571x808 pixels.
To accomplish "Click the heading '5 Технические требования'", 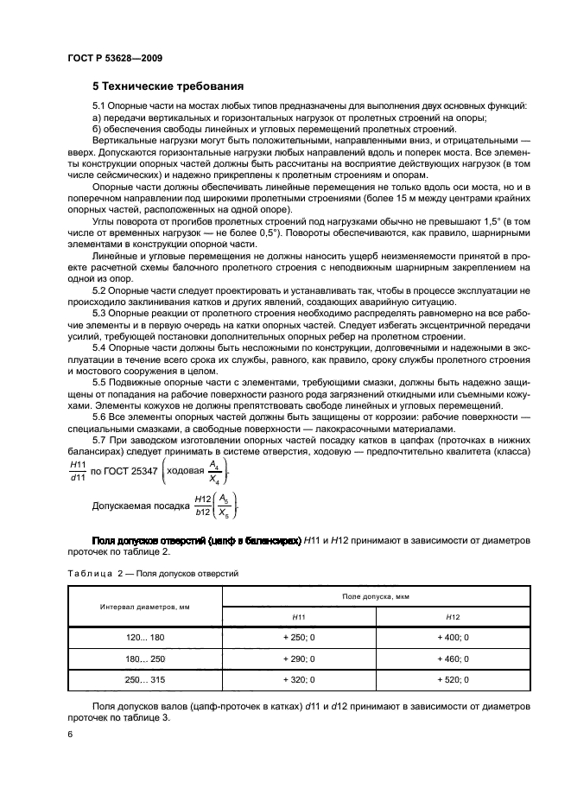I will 168,86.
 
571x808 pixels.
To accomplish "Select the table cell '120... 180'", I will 144,636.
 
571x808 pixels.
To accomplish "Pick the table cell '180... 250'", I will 144,658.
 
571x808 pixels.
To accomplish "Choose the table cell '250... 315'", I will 144,680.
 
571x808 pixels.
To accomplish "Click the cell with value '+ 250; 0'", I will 299,636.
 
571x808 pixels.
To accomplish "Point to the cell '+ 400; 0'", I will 453,636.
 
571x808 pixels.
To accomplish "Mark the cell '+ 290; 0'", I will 299,658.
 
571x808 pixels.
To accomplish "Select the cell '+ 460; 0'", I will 453,658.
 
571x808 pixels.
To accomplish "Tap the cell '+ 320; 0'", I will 299,680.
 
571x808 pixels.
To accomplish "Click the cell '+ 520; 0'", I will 453,680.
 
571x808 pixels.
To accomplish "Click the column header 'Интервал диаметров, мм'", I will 144,607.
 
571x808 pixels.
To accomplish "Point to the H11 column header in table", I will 299,617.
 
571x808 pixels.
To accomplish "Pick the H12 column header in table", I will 453,617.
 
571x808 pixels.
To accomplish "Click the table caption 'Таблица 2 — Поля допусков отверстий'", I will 153,573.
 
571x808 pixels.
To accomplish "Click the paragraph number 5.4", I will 102,347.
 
